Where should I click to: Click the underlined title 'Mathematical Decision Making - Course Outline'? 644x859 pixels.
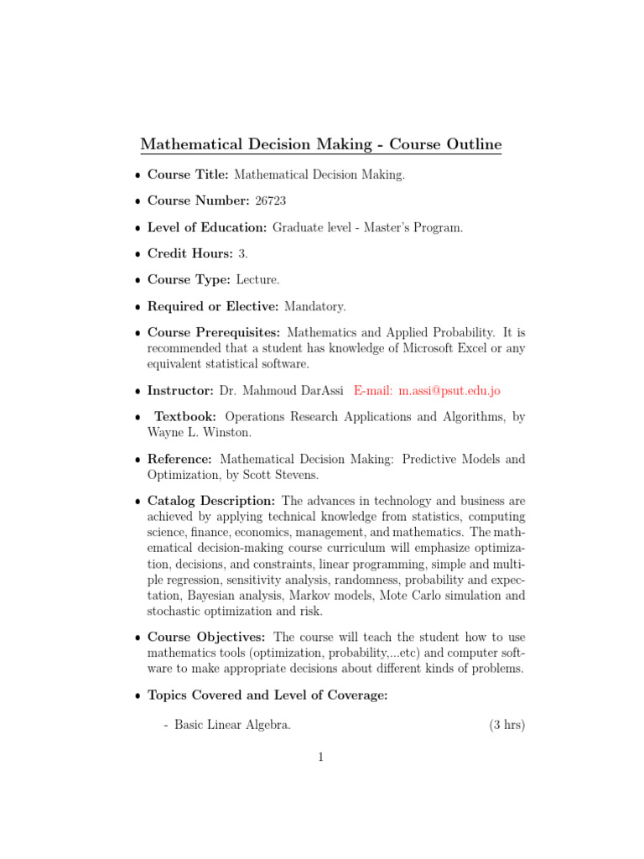pyautogui.click(x=321, y=144)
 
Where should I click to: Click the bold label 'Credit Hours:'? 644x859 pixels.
pyautogui.click(x=190, y=253)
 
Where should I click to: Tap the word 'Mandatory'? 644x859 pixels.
pyautogui.click(x=314, y=307)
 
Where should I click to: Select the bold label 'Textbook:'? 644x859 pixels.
pyautogui.click(x=185, y=416)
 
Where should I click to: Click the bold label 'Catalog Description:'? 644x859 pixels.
pyautogui.click(x=210, y=501)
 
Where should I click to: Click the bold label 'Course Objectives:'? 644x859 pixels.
pyautogui.click(x=207, y=637)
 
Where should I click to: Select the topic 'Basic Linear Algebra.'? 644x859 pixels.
pyautogui.click(x=232, y=725)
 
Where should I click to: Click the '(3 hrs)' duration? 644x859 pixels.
pyautogui.click(x=506, y=725)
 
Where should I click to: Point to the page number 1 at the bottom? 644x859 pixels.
pyautogui.click(x=321, y=757)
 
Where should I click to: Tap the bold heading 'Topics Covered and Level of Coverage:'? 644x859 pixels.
pyautogui.click(x=267, y=695)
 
